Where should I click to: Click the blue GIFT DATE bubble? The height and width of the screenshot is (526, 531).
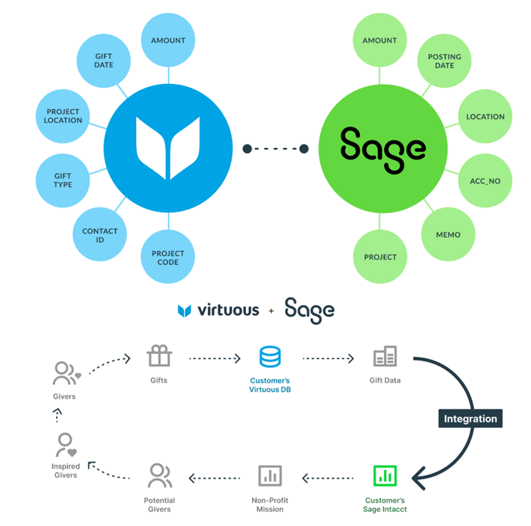104,61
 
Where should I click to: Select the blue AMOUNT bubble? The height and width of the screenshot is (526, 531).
168,41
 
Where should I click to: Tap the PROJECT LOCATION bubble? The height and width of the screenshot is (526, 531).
63,116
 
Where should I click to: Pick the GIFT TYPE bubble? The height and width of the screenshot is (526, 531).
63,181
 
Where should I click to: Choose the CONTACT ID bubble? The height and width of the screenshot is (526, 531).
99,235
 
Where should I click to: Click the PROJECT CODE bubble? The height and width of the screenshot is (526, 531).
168,257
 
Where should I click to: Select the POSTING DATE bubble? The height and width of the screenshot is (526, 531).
444,61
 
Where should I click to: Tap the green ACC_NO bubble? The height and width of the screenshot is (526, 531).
484,181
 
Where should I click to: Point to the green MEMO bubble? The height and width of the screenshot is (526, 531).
448,235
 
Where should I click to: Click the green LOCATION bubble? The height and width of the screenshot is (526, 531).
485,117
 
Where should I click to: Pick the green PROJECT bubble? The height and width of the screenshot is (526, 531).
380,257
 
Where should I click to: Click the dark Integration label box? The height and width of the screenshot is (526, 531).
470,419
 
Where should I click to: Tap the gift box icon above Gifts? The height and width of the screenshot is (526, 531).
159,357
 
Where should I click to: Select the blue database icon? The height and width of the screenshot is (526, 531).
270,357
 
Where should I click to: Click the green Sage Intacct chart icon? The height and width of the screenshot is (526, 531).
385,475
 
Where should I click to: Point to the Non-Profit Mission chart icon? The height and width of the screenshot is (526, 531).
270,475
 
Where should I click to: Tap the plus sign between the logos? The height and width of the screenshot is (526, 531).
270,311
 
